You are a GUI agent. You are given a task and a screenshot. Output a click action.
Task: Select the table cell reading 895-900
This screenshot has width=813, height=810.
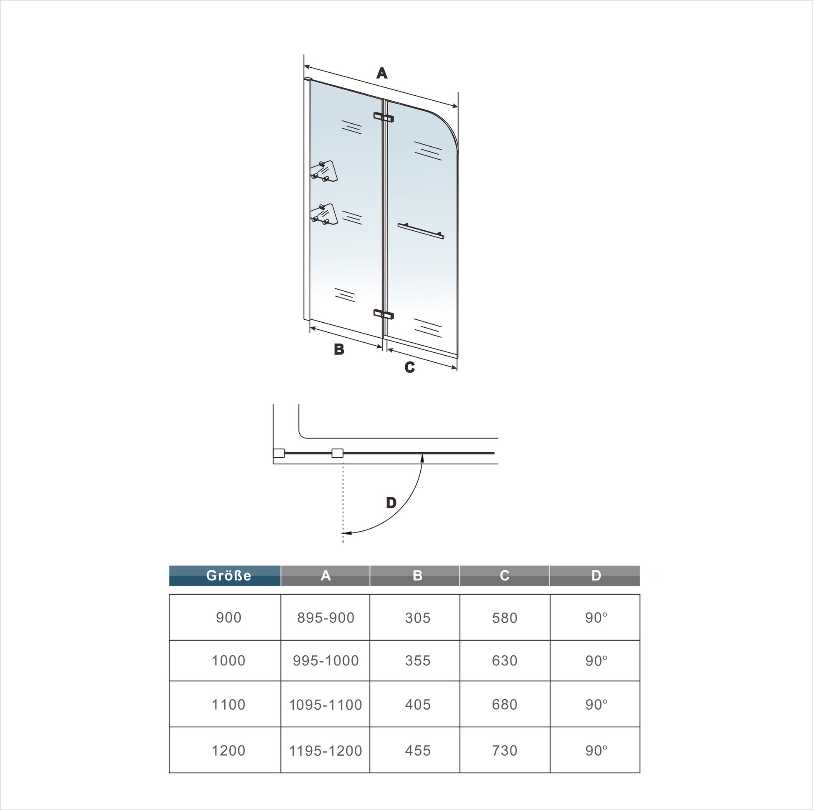tap(325, 618)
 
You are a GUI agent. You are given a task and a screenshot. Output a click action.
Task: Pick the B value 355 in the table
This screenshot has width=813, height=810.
tap(417, 660)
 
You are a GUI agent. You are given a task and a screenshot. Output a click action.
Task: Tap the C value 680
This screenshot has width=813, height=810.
tap(504, 704)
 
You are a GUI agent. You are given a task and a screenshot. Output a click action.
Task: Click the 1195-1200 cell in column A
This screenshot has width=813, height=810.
tap(325, 750)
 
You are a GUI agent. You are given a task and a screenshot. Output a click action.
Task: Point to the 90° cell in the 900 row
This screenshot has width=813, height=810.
tap(596, 618)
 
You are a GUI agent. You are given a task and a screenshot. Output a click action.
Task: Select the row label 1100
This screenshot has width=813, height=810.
tap(228, 704)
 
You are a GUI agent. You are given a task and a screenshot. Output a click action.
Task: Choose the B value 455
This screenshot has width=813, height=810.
tap(417, 750)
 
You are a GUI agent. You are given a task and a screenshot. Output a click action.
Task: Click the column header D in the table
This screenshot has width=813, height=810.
tap(596, 576)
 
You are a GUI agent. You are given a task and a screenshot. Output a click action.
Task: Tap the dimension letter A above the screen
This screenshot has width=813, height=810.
tap(382, 73)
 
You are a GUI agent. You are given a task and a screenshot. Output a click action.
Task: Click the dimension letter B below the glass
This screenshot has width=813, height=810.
tap(339, 349)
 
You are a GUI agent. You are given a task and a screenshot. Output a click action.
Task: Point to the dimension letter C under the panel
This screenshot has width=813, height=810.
tap(409, 367)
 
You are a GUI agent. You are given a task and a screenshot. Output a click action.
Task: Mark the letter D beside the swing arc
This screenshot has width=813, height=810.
tap(391, 502)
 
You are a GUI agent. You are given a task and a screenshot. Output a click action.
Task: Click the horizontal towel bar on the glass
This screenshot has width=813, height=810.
tap(421, 231)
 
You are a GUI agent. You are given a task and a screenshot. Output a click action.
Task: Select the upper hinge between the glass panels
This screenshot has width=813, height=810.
tap(384, 117)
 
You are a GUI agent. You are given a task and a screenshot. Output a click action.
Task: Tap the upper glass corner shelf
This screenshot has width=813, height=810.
tap(324, 171)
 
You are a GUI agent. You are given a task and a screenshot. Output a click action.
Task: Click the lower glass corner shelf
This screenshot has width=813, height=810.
tap(324, 214)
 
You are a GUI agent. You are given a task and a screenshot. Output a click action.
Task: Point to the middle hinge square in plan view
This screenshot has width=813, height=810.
tap(337, 453)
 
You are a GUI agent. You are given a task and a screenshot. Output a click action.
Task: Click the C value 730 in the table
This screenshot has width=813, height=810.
tap(504, 750)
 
